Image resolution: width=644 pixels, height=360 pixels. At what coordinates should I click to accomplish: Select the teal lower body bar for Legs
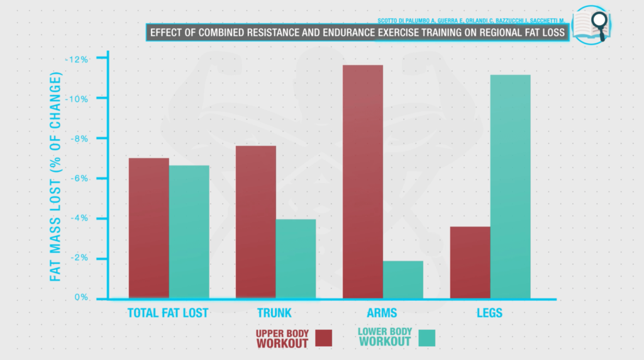coord(510,186)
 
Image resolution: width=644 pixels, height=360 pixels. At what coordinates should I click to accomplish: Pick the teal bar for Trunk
coord(296,258)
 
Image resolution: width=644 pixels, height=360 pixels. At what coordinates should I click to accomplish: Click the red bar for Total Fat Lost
coord(148,227)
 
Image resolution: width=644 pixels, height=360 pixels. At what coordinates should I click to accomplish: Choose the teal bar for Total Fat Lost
coord(189,232)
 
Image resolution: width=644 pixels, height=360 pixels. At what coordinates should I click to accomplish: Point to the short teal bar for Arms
coord(402,279)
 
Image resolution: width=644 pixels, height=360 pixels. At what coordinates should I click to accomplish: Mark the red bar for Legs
coord(470,262)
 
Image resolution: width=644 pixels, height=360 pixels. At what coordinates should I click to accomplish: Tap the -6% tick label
coord(80,179)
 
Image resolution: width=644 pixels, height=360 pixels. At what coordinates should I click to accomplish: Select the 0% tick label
coord(82,298)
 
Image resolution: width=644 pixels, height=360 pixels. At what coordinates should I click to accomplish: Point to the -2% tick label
coord(80,258)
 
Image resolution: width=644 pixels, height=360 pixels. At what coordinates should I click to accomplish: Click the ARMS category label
coord(381,313)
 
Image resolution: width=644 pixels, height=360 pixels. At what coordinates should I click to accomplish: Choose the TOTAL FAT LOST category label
coord(167,313)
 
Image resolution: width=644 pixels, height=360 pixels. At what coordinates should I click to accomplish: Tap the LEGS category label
coord(489,313)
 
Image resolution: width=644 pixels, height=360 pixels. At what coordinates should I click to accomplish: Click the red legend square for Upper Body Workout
coord(323,338)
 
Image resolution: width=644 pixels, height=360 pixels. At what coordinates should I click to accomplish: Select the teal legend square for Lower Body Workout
coord(426,338)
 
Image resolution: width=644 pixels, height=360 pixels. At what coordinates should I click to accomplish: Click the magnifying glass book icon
coord(591,25)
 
